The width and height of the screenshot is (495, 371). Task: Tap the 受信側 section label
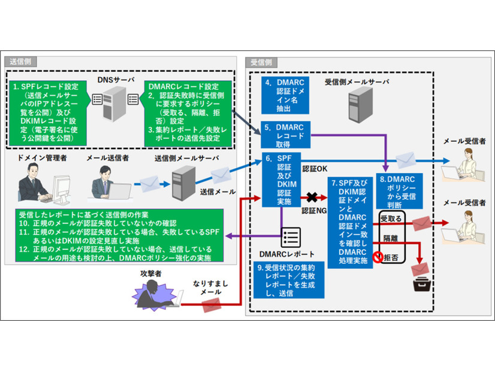[262, 62]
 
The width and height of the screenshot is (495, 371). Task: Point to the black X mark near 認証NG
[312, 196]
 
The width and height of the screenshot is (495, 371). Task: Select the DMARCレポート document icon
[291, 237]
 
